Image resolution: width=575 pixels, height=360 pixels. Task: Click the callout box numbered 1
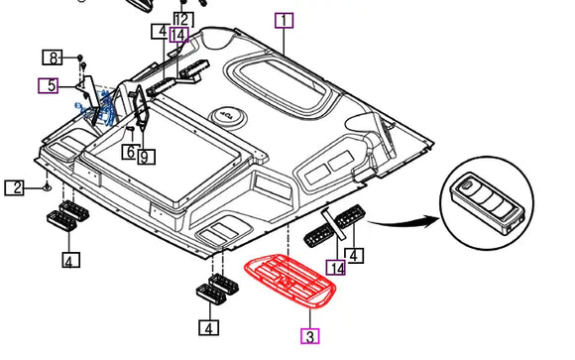tap(285, 21)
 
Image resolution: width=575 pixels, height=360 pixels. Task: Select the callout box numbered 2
tap(14, 187)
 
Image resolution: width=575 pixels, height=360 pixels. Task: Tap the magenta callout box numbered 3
tap(310, 336)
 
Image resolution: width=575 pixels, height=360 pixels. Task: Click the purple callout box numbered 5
tap(48, 86)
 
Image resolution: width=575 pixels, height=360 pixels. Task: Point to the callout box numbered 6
tap(130, 152)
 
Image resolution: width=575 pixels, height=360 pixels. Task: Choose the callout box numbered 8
tap(53, 58)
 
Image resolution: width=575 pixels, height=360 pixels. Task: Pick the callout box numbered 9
tap(147, 157)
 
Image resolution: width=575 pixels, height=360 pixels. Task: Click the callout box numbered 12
tap(183, 20)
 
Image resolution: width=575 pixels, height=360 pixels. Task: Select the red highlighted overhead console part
tap(290, 281)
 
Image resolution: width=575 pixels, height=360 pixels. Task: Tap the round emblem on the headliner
tap(227, 117)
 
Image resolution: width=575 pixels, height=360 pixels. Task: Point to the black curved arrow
tap(403, 221)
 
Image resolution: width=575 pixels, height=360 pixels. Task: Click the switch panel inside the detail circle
tap(487, 202)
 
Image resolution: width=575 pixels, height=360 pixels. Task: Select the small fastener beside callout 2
tap(47, 186)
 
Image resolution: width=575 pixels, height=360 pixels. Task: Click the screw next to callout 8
tap(80, 58)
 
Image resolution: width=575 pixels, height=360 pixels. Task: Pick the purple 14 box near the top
tap(179, 35)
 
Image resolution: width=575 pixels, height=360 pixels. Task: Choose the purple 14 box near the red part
tap(335, 267)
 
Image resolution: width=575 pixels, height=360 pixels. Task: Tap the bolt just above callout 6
tap(130, 129)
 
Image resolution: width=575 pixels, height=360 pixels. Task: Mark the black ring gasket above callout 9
tap(141, 106)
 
